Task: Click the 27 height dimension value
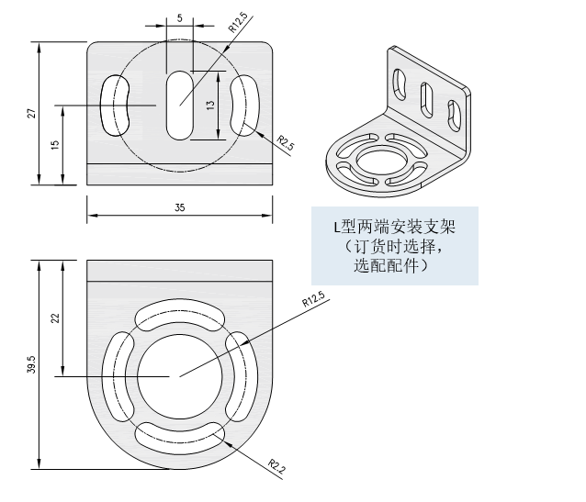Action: coord(32,113)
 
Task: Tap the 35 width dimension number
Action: coord(179,208)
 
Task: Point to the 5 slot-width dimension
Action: coord(179,18)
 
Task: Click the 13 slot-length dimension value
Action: coord(210,106)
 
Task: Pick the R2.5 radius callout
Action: coord(286,145)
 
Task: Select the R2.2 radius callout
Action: coord(276,467)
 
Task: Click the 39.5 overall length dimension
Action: coord(32,365)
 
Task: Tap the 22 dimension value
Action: coord(54,318)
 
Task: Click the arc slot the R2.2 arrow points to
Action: coord(180,436)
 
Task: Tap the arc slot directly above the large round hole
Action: coord(180,315)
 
